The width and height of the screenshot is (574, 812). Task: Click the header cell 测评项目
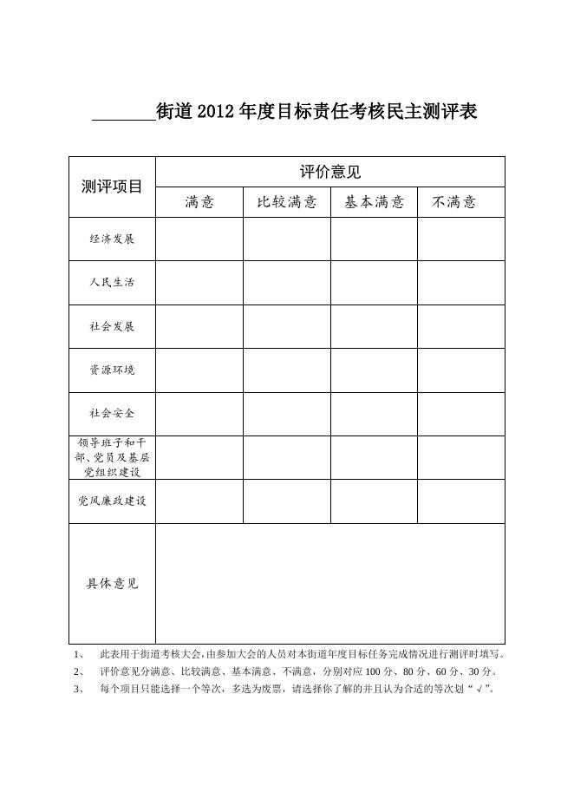tap(112, 187)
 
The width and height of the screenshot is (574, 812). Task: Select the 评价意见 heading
tap(330, 172)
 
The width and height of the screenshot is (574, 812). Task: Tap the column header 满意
tap(199, 202)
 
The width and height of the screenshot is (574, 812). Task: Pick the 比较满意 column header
tap(287, 202)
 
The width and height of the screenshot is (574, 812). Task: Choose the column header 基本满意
tap(374, 202)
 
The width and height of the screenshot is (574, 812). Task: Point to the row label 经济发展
tap(112, 239)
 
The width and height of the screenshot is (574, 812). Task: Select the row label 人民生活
tap(112, 282)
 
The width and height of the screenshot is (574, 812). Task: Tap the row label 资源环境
tap(112, 370)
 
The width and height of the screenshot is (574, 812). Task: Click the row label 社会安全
tap(112, 414)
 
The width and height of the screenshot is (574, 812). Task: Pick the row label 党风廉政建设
tap(112, 501)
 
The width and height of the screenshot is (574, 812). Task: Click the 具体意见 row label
tap(112, 583)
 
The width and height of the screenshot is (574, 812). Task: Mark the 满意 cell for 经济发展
tap(199, 239)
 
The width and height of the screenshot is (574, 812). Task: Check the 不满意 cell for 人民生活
tap(461, 282)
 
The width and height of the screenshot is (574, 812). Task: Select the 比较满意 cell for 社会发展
tap(287, 326)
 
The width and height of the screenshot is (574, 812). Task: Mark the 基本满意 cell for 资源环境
tap(374, 370)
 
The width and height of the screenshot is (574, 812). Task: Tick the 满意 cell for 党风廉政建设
tap(199, 501)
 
